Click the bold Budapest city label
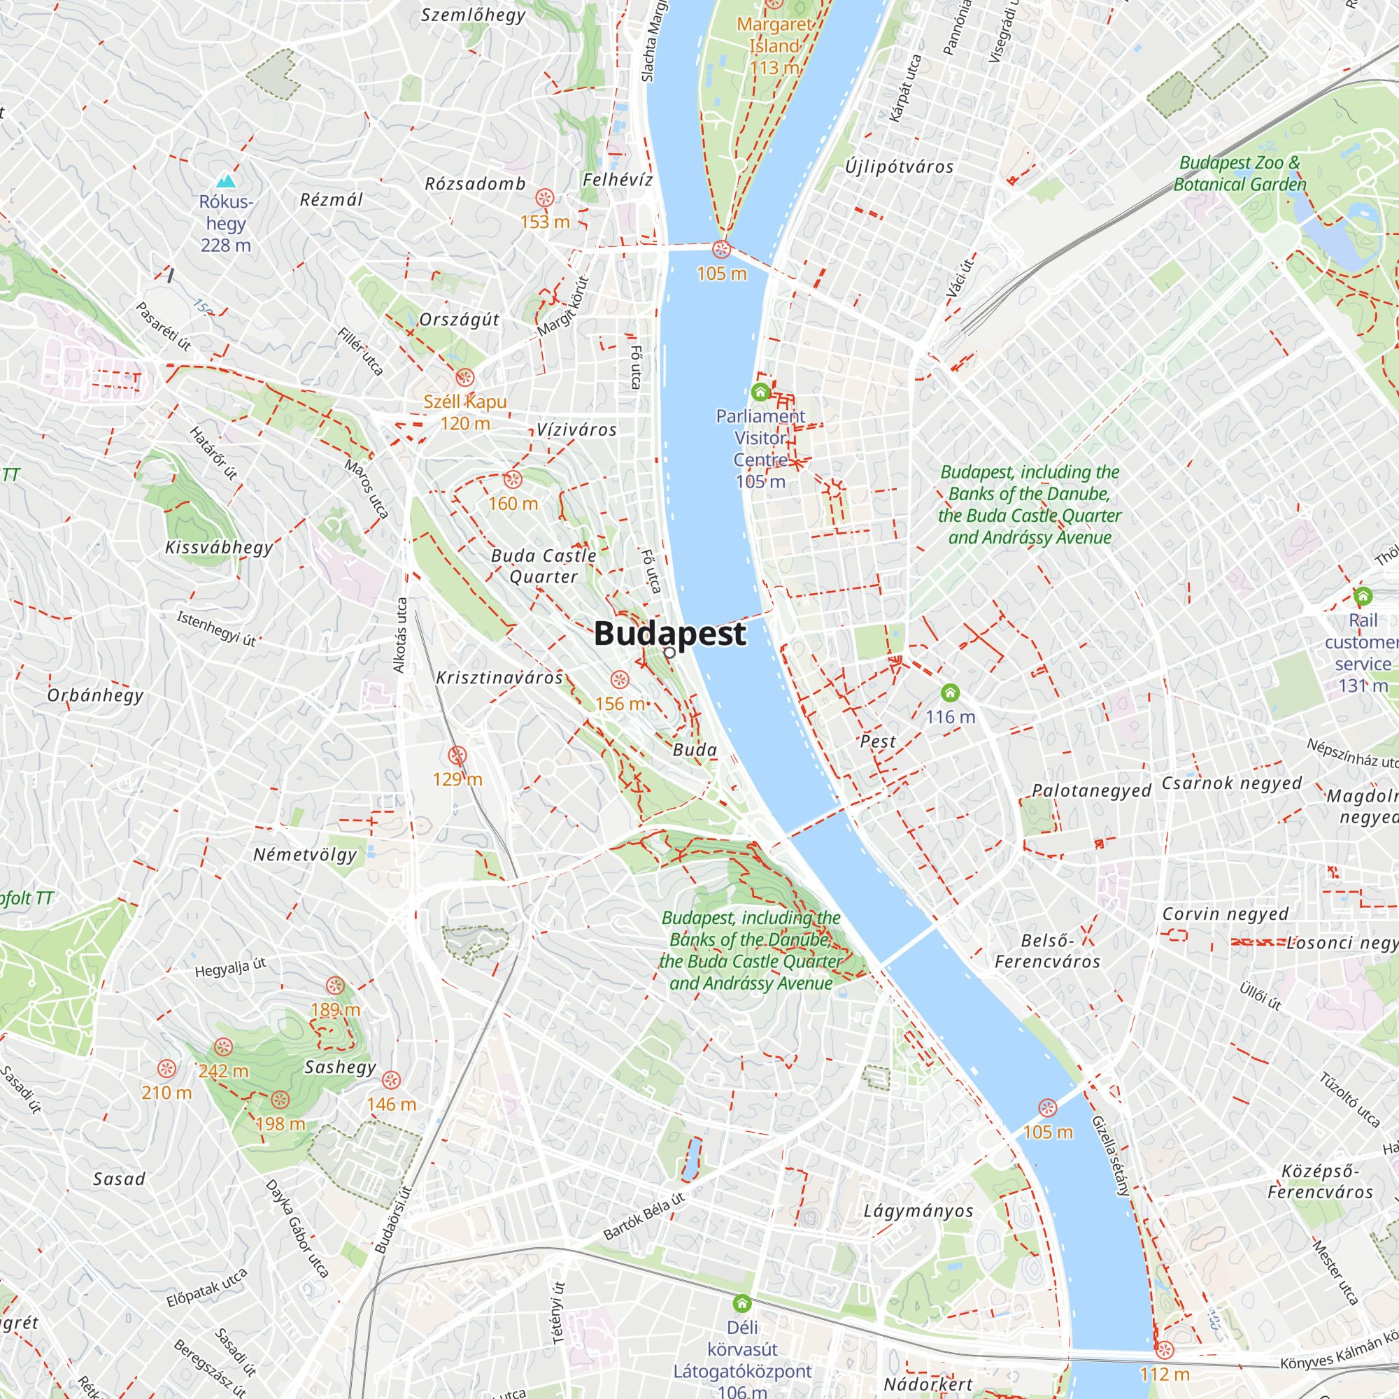669,633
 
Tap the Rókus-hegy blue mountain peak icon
226,181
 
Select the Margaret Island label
774,36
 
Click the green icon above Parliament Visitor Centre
760,392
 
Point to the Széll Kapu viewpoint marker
465,377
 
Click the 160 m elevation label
513,503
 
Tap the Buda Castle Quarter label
544,565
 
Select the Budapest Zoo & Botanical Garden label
1240,173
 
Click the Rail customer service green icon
1363,597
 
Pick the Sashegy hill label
341,1067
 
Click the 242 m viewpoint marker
223,1047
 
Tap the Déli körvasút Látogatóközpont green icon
741,1304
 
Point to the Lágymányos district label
918,1211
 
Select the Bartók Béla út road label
644,1216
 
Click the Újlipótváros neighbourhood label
900,166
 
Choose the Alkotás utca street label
399,635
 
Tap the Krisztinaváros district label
499,677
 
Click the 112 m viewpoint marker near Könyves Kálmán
1165,1350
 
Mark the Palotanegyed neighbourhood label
1091,790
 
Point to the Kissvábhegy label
220,547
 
